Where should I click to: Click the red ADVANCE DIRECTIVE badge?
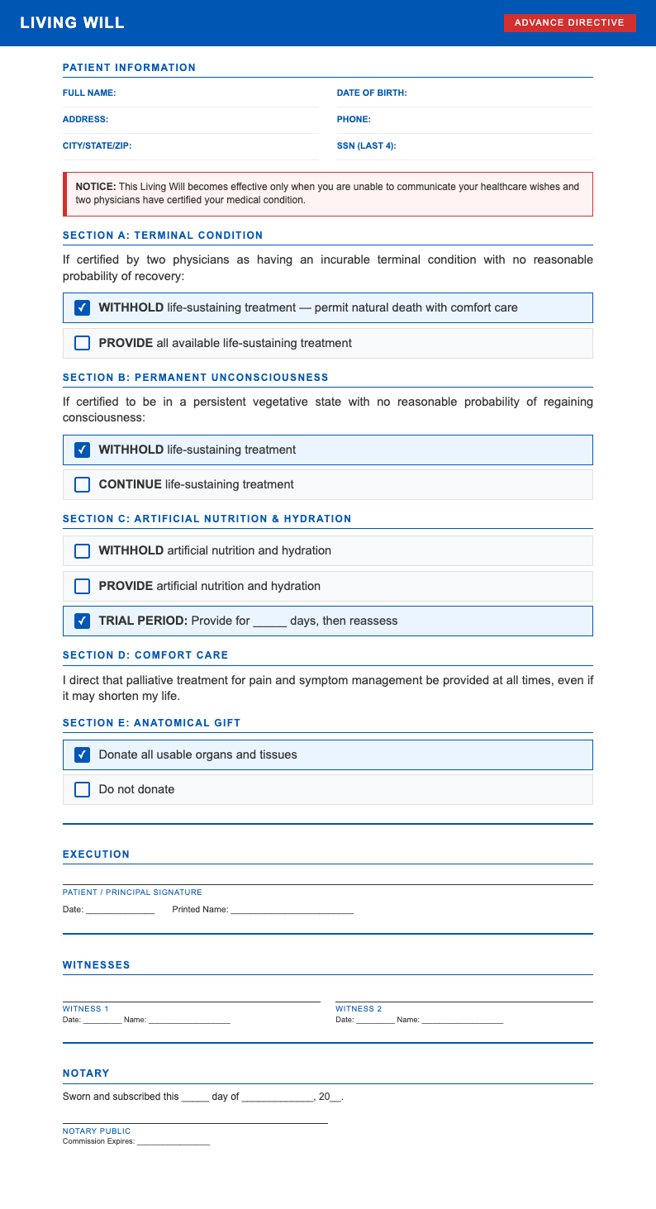tap(569, 23)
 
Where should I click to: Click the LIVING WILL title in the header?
tap(73, 23)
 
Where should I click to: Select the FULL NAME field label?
tap(89, 93)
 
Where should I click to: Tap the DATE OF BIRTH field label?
tap(372, 93)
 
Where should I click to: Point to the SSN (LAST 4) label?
tap(366, 146)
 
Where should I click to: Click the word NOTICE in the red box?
tap(95, 187)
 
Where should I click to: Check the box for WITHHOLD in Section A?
tap(83, 308)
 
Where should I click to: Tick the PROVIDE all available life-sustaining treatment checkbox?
tap(83, 343)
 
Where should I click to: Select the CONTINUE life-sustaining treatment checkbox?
tap(83, 485)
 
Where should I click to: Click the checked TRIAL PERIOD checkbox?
tap(83, 621)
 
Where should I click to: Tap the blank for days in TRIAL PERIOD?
tap(269, 621)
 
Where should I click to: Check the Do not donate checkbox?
tap(83, 790)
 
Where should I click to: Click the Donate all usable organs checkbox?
tap(83, 755)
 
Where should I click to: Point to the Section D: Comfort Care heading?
tap(145, 655)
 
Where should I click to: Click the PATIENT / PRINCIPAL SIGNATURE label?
tap(132, 892)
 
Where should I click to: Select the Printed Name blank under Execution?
tap(292, 910)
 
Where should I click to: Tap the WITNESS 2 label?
tap(359, 1009)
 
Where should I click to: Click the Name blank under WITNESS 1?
tap(189, 1020)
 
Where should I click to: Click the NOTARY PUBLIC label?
tap(97, 1131)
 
